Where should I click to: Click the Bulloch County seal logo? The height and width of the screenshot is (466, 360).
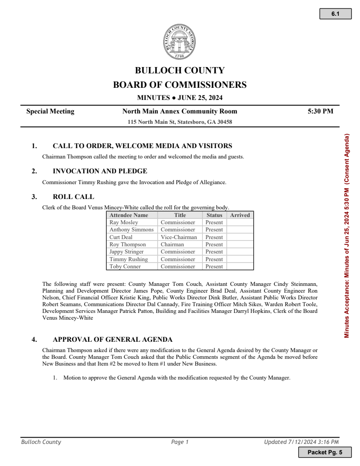click(180, 42)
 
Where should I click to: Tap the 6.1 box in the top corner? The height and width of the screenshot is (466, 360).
click(335, 14)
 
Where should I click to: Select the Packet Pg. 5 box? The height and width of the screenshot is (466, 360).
click(324, 452)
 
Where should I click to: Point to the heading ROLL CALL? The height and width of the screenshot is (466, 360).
click(73, 197)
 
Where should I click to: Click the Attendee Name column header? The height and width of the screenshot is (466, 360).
click(129, 215)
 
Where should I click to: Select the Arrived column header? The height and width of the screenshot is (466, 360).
click(240, 215)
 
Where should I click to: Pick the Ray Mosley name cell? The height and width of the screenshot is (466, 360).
click(124, 222)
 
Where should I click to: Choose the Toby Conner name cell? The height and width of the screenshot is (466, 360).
click(125, 267)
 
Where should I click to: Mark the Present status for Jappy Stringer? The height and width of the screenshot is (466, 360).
click(214, 252)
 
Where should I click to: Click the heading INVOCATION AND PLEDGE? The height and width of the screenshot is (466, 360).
click(100, 171)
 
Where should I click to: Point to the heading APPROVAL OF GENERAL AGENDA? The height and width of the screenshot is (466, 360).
click(112, 339)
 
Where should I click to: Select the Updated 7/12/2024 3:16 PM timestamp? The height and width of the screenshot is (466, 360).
click(301, 442)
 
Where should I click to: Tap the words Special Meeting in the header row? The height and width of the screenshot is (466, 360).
click(50, 112)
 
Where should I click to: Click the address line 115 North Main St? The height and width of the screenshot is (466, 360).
click(180, 122)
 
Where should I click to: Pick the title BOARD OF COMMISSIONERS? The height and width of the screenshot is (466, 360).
click(180, 85)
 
